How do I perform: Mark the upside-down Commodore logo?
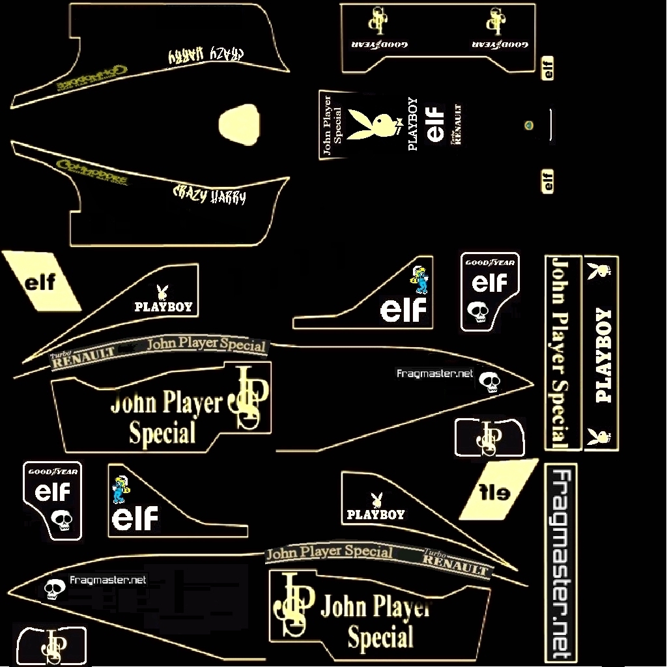(91, 77)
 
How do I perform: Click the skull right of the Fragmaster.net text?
(489, 382)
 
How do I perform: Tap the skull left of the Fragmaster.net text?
(53, 589)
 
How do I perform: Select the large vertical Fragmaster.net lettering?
(561, 563)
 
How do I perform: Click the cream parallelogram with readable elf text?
(40, 283)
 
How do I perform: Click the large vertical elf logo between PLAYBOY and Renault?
(435, 124)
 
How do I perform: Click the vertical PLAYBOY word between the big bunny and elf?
(412, 124)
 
